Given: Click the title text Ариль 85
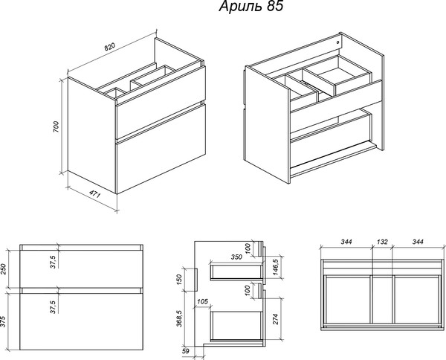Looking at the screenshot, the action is pos(251,6).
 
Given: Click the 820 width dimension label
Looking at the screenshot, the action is pos(109,48).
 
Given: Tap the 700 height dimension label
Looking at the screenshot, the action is pos(56,127).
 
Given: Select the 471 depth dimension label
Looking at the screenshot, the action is pos(94,194).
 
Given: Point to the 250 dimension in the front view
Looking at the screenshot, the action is pos(3,269).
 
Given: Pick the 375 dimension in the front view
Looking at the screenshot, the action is pos(3,321).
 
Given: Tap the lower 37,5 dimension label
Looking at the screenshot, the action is pos(54,306).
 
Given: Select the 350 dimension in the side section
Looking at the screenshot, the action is pos(236,257).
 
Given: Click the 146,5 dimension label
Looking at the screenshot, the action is pos(276,267).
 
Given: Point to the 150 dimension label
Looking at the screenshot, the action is pos(179,280).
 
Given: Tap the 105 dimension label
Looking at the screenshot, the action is pos(202,301).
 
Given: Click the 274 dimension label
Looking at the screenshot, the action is pos(276,319).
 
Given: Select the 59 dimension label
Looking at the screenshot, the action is pos(185,351).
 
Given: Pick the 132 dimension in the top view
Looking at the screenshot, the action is pos(382,242).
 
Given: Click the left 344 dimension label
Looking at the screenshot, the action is pos(346,242).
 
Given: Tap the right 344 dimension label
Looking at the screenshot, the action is pos(418,242).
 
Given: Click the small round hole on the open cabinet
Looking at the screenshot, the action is pos(338,42).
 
